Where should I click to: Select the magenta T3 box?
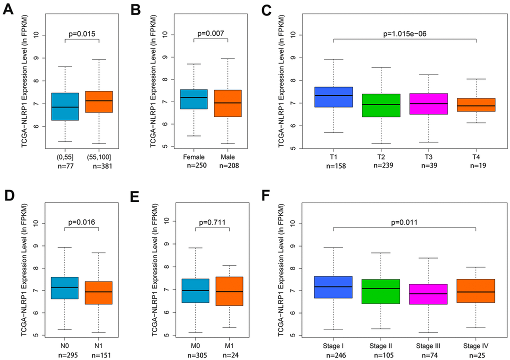(x=428, y=103)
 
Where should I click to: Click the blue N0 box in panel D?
(x=65, y=287)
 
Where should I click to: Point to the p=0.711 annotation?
(x=213, y=223)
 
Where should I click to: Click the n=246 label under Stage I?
(x=333, y=355)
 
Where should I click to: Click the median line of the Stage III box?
(x=428, y=293)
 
